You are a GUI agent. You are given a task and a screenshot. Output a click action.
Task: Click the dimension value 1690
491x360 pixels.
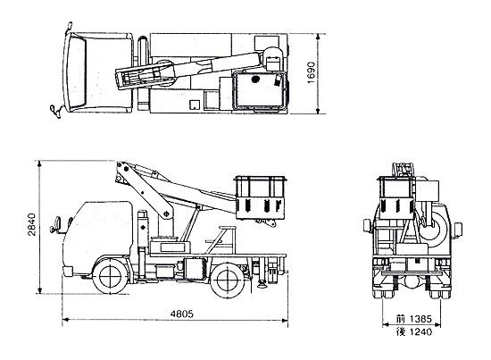pyautogui.click(x=312, y=72)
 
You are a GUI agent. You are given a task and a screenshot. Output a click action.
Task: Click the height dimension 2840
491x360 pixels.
pyautogui.click(x=31, y=224)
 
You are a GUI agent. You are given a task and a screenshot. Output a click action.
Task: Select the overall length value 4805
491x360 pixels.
pyautogui.click(x=182, y=314)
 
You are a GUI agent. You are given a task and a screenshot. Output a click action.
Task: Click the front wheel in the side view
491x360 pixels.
pyautogui.click(x=110, y=276)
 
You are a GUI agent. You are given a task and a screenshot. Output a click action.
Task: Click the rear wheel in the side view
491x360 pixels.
pyautogui.click(x=228, y=280)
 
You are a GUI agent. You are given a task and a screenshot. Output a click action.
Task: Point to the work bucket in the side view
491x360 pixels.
pyautogui.click(x=261, y=197)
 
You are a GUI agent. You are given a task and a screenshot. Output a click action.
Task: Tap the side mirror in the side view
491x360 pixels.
pyautogui.click(x=57, y=223)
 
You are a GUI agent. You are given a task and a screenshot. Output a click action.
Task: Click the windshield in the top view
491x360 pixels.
pyautogui.click(x=77, y=72)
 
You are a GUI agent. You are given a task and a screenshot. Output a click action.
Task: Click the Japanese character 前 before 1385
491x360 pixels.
pyautogui.click(x=400, y=319)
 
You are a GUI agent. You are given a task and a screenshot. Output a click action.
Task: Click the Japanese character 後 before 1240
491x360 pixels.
pyautogui.click(x=400, y=331)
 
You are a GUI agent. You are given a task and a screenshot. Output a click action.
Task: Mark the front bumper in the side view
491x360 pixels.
pyautogui.click(x=67, y=271)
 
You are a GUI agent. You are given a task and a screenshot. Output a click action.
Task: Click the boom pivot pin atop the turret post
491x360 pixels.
pyautogui.click(x=166, y=214)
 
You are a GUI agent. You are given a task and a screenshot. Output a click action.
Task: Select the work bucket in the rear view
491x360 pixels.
pyautogui.click(x=396, y=197)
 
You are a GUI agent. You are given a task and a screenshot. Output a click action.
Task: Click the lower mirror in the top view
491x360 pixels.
pyautogui.click(x=55, y=112)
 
